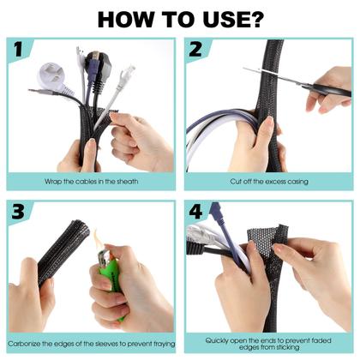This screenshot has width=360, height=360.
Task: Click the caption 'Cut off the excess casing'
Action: point(269,182)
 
